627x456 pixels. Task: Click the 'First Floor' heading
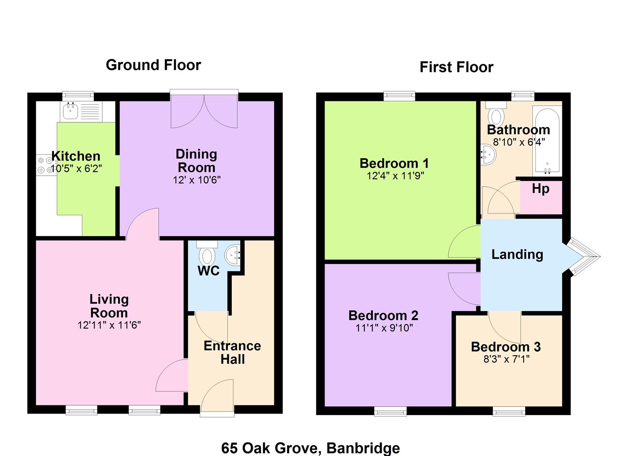point(456,67)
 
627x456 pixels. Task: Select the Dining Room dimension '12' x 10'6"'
point(196,180)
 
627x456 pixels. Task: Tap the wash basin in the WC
point(232,255)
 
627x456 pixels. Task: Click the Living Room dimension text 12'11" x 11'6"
point(109,325)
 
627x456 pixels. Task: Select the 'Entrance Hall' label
point(232,353)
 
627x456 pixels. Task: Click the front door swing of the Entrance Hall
point(217,395)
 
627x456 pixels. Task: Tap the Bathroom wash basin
point(489,155)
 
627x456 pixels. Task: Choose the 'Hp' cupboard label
point(540,189)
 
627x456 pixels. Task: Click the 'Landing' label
point(517,255)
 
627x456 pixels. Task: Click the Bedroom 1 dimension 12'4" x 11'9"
point(395,176)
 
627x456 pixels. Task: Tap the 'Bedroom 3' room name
point(506,347)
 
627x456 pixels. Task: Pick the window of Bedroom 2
point(390,412)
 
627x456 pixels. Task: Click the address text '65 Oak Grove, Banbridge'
point(310,448)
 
